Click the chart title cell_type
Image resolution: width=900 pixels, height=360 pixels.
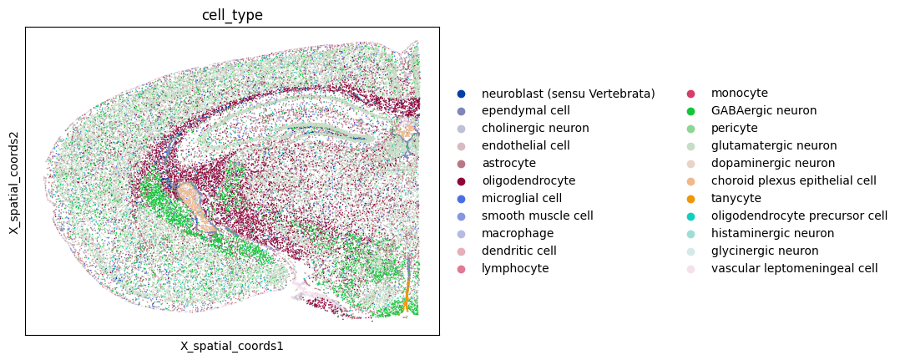pyautogui.click(x=232, y=16)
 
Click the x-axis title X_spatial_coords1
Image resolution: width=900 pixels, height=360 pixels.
pyautogui.click(x=232, y=347)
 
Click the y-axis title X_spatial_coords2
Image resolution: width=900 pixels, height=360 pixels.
pyautogui.click(x=13, y=181)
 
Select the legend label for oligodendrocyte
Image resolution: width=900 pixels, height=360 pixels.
pyautogui.click(x=528, y=181)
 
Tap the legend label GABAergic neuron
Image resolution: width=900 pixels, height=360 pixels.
pyautogui.click(x=764, y=110)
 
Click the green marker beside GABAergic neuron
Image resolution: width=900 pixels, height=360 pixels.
pyautogui.click(x=690, y=111)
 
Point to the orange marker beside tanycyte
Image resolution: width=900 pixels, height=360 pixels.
pyautogui.click(x=690, y=199)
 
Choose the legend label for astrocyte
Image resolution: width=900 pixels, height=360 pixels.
pyautogui.click(x=509, y=163)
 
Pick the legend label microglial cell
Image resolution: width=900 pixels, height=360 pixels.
pyautogui.click(x=522, y=198)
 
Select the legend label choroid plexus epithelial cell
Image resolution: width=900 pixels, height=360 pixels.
pyautogui.click(x=794, y=181)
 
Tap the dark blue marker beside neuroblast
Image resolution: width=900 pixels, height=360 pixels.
pyautogui.click(x=462, y=94)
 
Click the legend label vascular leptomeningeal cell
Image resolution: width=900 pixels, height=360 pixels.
pyautogui.click(x=795, y=268)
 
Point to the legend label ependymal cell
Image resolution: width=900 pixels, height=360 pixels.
pyautogui.click(x=526, y=110)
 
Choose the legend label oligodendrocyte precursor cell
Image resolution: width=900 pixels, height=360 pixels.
pyautogui.click(x=800, y=215)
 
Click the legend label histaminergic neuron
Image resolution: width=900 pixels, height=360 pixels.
pyautogui.click(x=772, y=233)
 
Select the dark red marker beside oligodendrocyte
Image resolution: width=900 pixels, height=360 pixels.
pyautogui.click(x=462, y=181)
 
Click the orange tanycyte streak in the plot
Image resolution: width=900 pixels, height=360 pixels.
pyautogui.click(x=407, y=294)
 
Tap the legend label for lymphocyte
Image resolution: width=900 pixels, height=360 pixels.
pyautogui.click(x=515, y=268)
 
